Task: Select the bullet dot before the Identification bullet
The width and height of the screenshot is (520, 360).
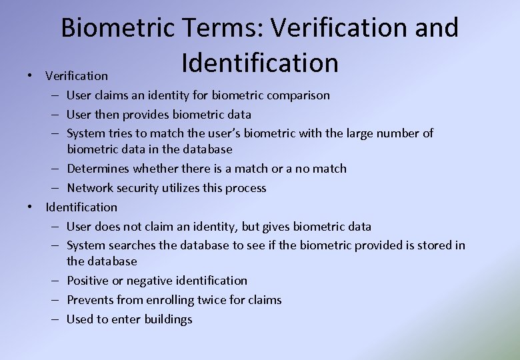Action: click(x=31, y=207)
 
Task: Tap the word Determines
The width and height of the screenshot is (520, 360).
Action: click(x=99, y=169)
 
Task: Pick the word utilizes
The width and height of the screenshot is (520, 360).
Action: click(x=186, y=188)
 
